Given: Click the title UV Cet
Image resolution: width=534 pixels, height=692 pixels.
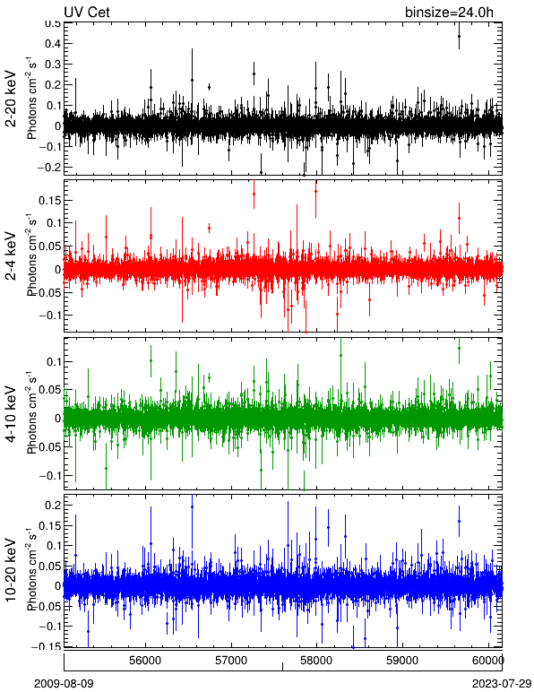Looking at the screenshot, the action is pos(87,12).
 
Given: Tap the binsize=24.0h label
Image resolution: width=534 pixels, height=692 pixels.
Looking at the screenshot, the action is pos(449,12).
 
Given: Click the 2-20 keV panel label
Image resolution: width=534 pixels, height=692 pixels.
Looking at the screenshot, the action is pos(10,99).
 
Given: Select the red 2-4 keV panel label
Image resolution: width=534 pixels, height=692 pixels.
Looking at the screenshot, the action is pos(10,256).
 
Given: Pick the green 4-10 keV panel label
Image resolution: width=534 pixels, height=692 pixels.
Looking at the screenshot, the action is pos(10,414).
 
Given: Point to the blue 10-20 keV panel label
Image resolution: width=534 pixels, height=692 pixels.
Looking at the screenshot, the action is pos(10,570).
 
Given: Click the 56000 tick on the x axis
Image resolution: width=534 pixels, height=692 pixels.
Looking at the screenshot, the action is pos(145,661).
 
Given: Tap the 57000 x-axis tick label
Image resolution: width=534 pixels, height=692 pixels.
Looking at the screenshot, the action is pos(231,661).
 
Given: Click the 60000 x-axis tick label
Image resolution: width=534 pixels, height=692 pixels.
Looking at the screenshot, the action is pos(487,661).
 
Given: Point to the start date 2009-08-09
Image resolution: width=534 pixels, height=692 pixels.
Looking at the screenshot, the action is pos(65,684).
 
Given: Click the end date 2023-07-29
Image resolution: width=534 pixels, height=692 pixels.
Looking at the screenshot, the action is pos(502,684).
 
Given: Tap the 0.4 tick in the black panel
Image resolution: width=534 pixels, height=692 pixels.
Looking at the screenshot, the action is pos(52,43).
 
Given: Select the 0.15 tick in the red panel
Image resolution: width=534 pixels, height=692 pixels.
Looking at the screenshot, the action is pos(49,200).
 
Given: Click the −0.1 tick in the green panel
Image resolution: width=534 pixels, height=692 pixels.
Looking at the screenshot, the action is pos(49,475).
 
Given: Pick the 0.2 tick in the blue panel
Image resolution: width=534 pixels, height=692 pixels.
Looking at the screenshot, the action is pos(52,506).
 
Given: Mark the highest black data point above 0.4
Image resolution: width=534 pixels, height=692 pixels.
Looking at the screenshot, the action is pos(459,36).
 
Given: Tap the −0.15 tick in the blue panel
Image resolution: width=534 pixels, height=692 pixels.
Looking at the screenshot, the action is pos(47,646).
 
